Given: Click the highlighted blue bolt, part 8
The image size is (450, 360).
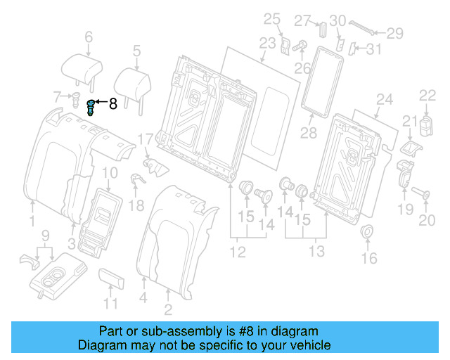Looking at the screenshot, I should pyautogui.click(x=90, y=108).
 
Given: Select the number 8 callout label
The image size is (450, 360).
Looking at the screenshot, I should pyautogui.click(x=112, y=105).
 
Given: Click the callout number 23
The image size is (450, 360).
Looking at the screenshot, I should pyautogui.click(x=267, y=44).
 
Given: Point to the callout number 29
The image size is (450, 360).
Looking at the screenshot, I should pyautogui.click(x=396, y=32).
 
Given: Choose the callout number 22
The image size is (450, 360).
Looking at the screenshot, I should pyautogui.click(x=428, y=95).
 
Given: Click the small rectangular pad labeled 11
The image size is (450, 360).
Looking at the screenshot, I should pyautogui.click(x=111, y=278).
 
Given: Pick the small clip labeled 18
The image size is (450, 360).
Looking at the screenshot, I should pyautogui.click(x=136, y=179).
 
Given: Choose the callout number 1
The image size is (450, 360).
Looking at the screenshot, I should pyautogui.click(x=32, y=222).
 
